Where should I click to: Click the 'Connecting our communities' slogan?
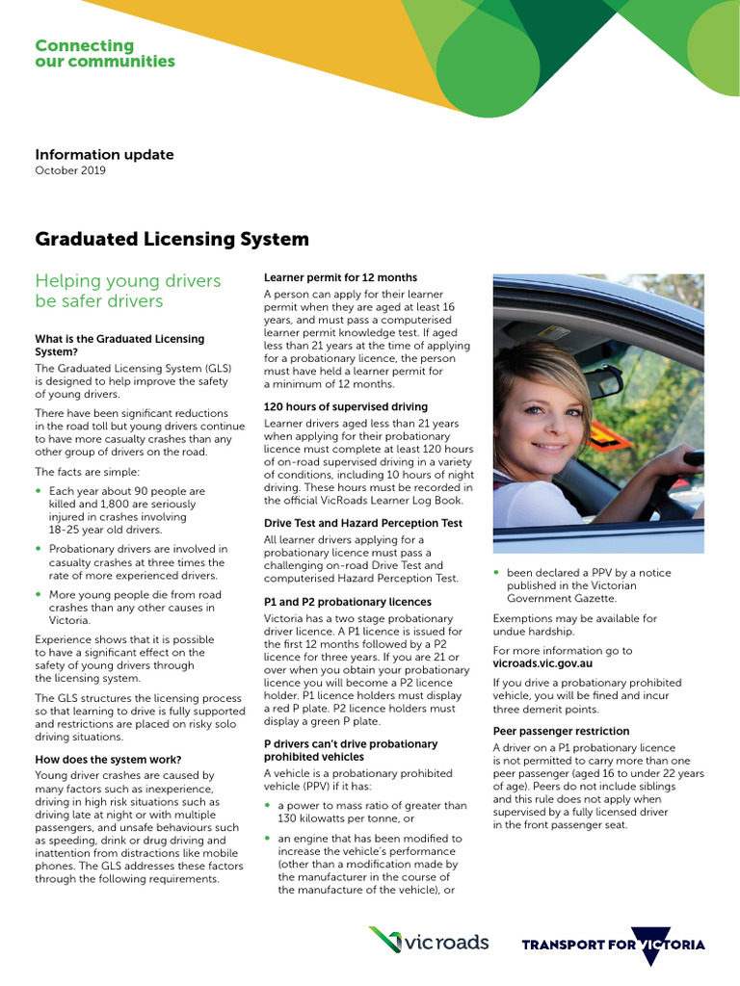click(105, 54)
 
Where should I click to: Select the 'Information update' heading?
click(104, 154)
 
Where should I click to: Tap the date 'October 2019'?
click(70, 170)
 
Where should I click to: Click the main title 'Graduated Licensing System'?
click(172, 239)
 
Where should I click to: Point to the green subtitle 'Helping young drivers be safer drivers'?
click(127, 291)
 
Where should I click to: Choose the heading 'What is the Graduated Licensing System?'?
click(119, 346)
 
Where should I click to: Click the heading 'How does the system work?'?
click(108, 760)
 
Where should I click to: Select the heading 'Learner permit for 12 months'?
click(340, 278)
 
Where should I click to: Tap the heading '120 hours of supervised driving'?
click(345, 407)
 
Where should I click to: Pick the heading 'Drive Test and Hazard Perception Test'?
click(363, 524)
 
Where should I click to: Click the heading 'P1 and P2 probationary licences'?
click(347, 602)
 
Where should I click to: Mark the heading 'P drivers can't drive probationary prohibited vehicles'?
click(351, 750)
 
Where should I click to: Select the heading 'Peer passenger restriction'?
click(561, 731)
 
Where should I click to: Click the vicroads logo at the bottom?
click(429, 942)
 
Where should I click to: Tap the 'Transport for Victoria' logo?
click(613, 944)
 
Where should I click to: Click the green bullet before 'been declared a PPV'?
click(496, 573)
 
